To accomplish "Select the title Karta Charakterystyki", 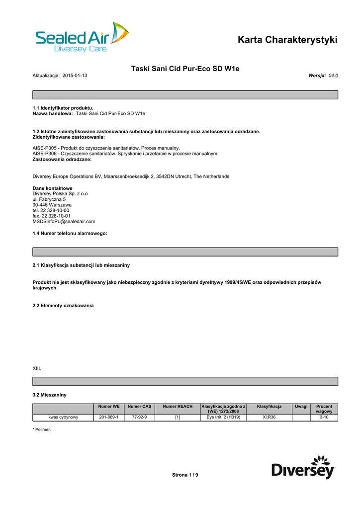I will (x=287, y=40).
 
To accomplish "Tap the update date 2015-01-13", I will (x=75, y=76).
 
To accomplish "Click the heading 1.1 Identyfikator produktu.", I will (x=63, y=108).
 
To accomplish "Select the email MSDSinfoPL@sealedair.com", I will (x=64, y=222).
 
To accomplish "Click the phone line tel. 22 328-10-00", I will (x=51, y=210).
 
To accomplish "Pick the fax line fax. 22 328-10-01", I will (x=51, y=216).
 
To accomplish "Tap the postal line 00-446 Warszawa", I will (x=52, y=205).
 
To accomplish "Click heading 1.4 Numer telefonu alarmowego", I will (x=70, y=233).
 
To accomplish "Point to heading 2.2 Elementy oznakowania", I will (x=63, y=305).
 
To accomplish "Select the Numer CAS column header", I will (x=139, y=407).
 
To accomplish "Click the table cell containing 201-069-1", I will (x=109, y=418).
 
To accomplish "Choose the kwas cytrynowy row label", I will (x=63, y=418).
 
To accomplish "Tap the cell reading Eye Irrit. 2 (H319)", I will (x=223, y=418).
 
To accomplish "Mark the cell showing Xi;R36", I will (x=269, y=418).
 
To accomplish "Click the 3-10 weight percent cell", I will (x=324, y=418).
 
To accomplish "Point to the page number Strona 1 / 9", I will (x=185, y=475).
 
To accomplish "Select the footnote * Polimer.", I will (x=42, y=429).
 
